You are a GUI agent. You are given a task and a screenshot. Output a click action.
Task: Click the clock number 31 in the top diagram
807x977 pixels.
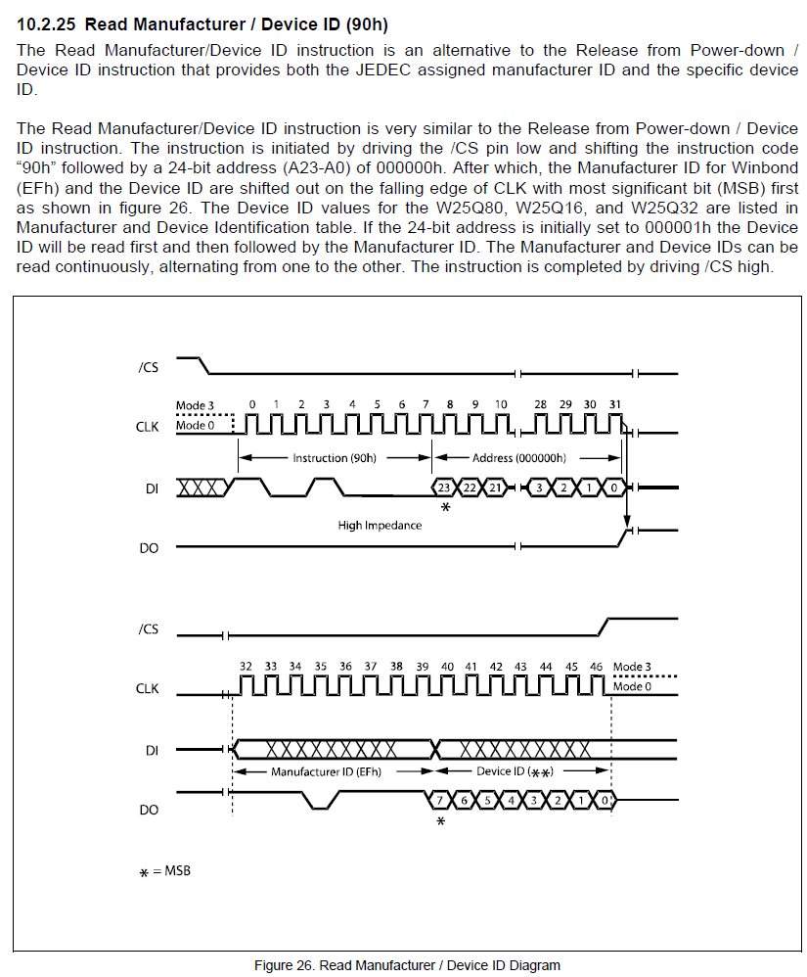614,404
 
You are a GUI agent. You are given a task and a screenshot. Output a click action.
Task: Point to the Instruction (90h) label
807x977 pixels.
334,457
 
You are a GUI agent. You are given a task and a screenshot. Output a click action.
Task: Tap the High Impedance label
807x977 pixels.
380,526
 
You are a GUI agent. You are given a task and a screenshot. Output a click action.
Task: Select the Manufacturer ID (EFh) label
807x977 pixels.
326,771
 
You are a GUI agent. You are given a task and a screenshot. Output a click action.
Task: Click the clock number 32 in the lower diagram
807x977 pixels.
247,667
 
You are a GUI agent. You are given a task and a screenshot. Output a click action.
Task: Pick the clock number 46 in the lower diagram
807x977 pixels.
597,667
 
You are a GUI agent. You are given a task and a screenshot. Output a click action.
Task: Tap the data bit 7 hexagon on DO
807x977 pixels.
440,800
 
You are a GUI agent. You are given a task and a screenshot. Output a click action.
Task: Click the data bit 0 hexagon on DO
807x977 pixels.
606,800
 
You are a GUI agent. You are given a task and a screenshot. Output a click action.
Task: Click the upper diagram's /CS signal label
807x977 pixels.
148,368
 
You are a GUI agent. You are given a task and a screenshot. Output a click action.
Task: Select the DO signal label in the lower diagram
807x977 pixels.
149,810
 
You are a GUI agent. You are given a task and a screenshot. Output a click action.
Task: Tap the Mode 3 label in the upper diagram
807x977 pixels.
194,405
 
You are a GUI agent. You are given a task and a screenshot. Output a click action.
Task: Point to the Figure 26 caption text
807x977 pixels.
407,965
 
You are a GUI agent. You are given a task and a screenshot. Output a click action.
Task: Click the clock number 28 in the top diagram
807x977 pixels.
540,404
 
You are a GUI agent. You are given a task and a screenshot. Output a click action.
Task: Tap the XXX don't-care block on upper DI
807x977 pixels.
203,487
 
